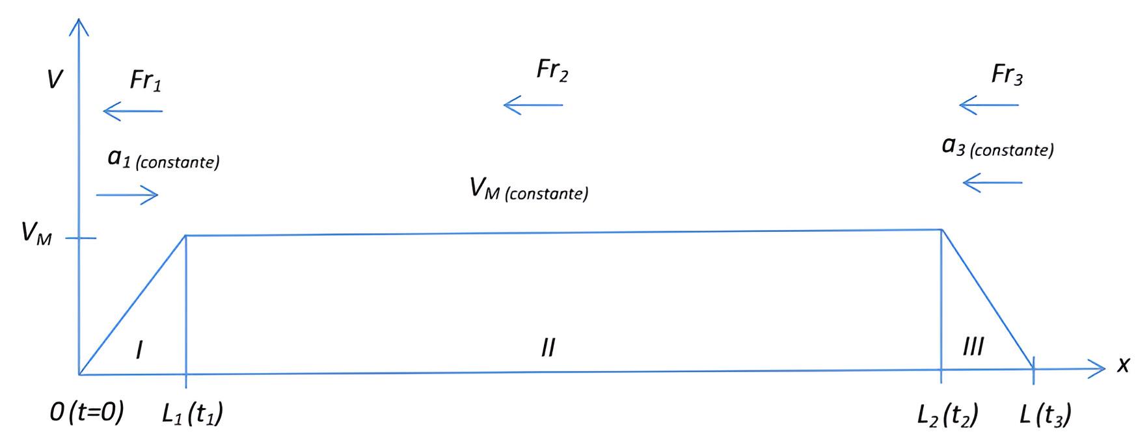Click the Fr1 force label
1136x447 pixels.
tap(145, 81)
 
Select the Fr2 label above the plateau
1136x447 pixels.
tap(552, 70)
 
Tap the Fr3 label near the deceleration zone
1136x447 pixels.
tap(1007, 75)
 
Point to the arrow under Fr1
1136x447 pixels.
tap(133, 112)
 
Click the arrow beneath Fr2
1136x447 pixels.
tap(533, 105)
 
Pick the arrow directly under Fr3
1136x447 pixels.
tap(988, 105)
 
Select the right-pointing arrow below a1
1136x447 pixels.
tap(128, 194)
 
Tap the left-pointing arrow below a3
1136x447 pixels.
tap(992, 183)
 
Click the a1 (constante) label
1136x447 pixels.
tap(163, 159)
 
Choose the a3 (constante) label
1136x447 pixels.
tap(997, 147)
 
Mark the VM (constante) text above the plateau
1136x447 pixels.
tap(528, 190)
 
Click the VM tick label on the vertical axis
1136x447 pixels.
tap(36, 233)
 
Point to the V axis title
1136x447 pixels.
tap(55, 80)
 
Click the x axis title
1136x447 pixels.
tap(1122, 366)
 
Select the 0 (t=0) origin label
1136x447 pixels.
tap(87, 413)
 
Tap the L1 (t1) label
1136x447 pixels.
tap(193, 415)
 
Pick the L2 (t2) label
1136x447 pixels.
tap(947, 415)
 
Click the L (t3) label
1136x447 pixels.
tap(1045, 415)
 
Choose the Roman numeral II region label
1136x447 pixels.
tap(548, 348)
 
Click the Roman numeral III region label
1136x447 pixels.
tap(973, 347)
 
